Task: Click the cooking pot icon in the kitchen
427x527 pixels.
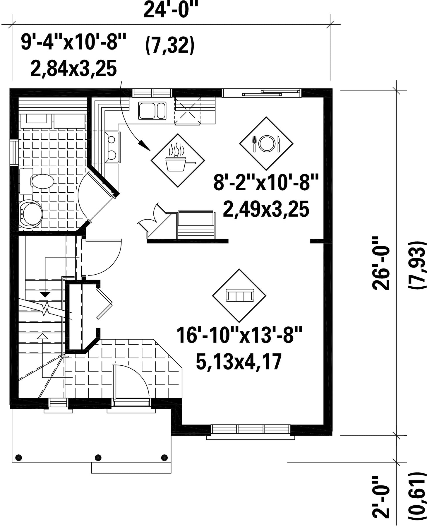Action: point(178,160)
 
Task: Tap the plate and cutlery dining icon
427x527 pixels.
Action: point(266,143)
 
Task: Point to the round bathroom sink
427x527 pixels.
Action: point(31,214)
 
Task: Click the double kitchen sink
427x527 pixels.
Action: point(152,110)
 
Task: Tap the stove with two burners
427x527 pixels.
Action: point(112,147)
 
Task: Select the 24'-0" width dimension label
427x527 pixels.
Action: point(169,11)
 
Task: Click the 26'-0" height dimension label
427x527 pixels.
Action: point(381,263)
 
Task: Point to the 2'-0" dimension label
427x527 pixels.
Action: point(381,502)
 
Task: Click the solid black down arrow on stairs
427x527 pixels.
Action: point(45,294)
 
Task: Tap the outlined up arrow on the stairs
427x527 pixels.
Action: point(43,336)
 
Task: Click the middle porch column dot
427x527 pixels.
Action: point(98,457)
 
